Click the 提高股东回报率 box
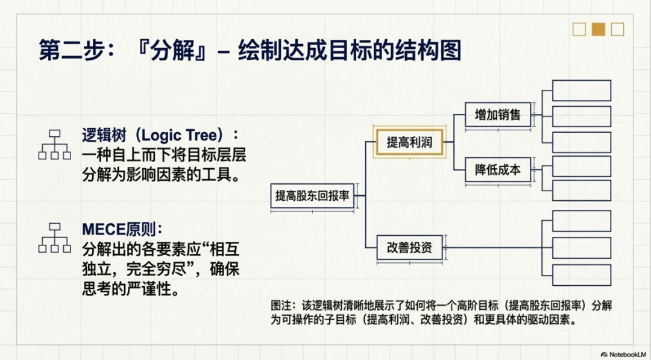point(313,195)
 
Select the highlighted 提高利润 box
point(409,143)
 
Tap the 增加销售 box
point(497,114)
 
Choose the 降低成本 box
point(497,171)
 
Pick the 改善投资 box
point(409,247)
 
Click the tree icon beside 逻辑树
point(54,145)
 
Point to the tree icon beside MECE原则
point(54,238)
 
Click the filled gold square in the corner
point(598,29)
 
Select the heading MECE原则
point(122,230)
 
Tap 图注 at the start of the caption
point(280,308)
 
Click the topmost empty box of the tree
point(582,90)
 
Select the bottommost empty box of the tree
point(582,274)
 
